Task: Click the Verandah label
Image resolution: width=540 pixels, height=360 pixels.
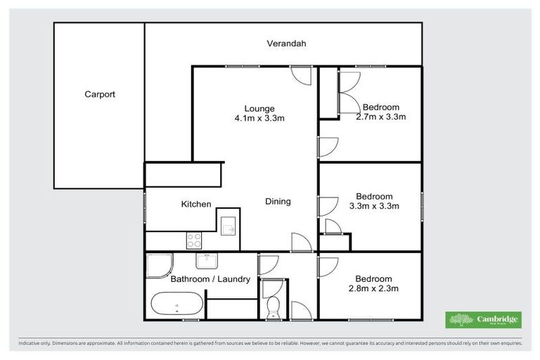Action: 286,44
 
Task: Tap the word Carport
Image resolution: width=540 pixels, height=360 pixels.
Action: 100,94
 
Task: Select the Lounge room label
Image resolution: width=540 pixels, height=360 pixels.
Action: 259,108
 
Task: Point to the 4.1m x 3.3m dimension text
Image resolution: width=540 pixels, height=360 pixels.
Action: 259,118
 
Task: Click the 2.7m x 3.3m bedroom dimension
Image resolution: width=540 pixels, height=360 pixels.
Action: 381,117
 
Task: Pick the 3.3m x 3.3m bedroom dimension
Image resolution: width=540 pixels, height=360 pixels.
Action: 375,206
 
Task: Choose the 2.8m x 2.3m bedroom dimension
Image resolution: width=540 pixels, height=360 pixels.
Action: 374,288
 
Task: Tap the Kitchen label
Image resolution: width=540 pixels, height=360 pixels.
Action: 196,204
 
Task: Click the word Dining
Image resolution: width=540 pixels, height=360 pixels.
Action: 278,202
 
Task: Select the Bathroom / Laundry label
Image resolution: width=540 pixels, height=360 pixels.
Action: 210,279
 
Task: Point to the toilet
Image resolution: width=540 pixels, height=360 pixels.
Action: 272,307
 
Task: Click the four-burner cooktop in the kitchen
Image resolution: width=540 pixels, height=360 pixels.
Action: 194,240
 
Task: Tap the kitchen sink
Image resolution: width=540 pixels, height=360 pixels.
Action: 228,226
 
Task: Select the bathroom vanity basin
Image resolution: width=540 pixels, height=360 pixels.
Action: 206,261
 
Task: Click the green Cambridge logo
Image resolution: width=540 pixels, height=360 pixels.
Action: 484,320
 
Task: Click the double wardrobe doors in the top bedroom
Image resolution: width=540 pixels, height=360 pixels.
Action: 347,91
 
